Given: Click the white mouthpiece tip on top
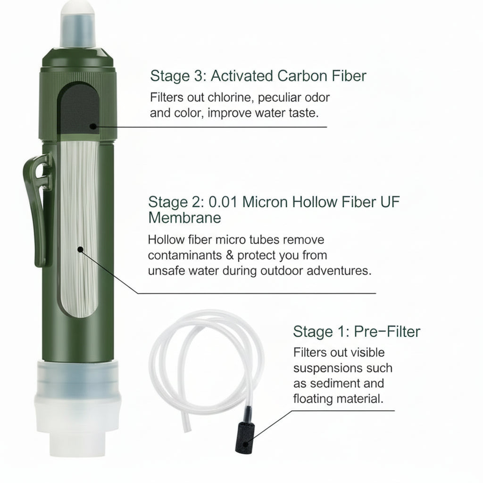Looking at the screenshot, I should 78,24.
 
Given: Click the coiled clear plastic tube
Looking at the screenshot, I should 208,358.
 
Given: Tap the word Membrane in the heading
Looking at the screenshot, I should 184,217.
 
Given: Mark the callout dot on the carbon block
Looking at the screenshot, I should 93,126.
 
